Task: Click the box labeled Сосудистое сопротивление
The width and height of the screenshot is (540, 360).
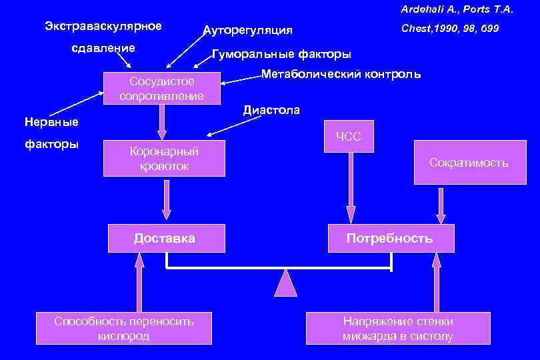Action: [161, 89]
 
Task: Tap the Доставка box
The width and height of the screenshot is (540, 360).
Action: [165, 238]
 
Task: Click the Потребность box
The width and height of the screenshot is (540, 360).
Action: [390, 238]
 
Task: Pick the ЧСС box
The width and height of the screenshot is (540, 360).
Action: [348, 137]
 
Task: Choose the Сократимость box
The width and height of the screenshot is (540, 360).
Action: [468, 163]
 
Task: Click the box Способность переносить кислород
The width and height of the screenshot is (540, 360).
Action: [124, 329]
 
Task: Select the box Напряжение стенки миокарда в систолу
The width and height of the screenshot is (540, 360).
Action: [397, 329]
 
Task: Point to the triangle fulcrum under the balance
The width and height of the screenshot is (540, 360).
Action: [285, 283]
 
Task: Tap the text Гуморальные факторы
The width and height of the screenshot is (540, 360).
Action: [281, 54]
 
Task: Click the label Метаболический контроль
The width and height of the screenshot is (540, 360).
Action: [341, 74]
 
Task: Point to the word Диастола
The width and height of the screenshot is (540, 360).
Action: [271, 110]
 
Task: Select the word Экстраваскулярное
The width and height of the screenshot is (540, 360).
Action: [103, 26]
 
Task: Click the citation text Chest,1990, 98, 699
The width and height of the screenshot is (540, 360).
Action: [450, 29]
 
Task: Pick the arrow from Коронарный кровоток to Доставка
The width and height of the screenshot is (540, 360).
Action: [166, 200]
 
